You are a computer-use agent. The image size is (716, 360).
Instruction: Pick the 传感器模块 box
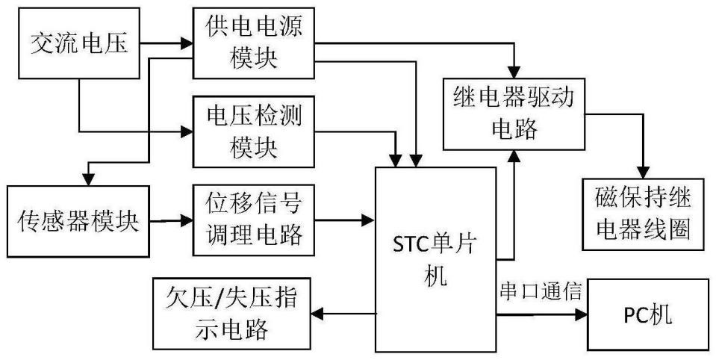pos(78,221)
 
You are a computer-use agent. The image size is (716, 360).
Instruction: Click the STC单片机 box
pos(435,258)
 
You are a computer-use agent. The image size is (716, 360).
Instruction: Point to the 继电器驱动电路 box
pos(514,113)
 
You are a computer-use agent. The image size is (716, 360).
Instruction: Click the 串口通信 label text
pos(542,287)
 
